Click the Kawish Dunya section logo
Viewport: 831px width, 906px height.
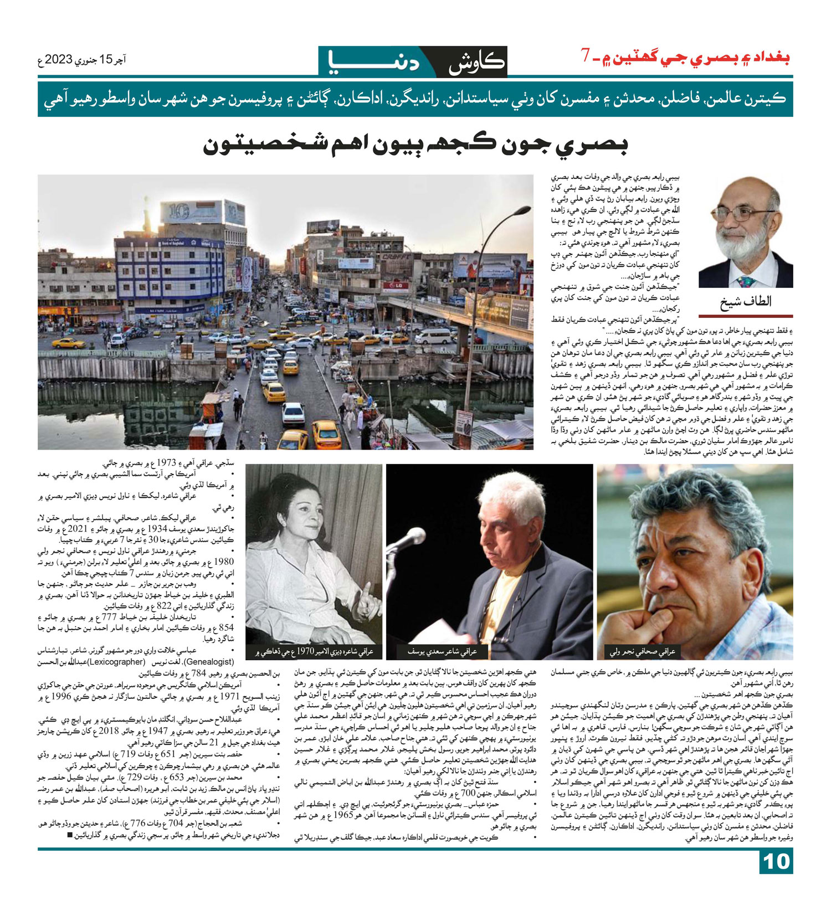click(x=413, y=61)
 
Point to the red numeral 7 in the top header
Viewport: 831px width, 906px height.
click(x=585, y=56)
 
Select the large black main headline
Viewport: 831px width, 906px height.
click(x=415, y=145)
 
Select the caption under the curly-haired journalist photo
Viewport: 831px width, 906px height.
click(x=642, y=651)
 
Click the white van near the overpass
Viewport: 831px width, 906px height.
click(x=433, y=336)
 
